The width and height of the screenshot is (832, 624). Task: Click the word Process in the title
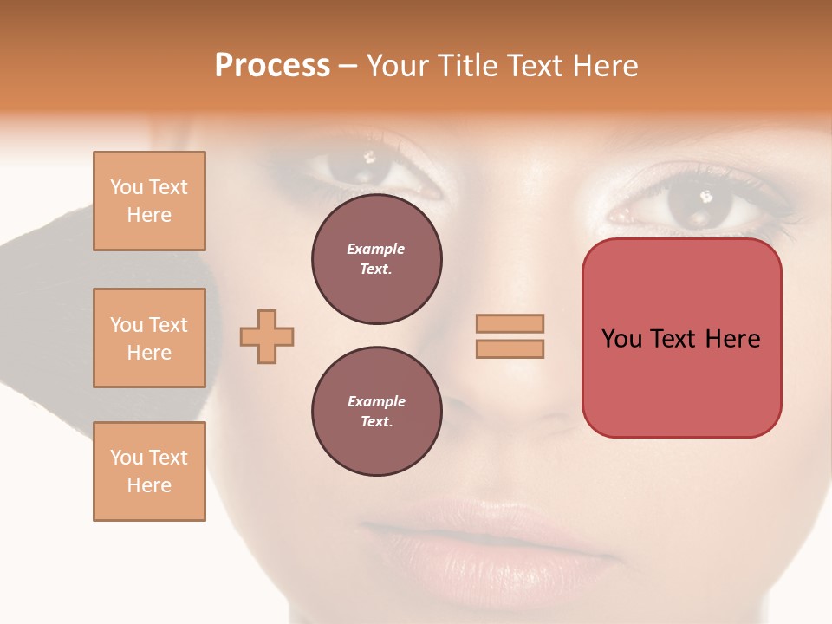tap(272, 66)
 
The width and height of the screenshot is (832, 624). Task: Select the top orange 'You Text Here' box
tap(149, 201)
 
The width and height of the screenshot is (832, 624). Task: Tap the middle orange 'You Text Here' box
tap(149, 338)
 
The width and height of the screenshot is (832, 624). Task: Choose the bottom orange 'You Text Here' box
tap(149, 471)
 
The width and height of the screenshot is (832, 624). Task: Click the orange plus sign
tap(267, 336)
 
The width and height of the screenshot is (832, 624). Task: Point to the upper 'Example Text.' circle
tap(376, 259)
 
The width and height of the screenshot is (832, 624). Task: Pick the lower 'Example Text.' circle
tap(376, 412)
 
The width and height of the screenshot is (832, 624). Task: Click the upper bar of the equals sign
tap(510, 324)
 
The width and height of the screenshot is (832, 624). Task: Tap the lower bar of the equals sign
tap(510, 348)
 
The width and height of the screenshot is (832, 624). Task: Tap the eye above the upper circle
tap(368, 165)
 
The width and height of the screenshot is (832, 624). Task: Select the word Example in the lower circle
tap(376, 401)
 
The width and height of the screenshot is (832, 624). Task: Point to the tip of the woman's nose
tap(511, 407)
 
